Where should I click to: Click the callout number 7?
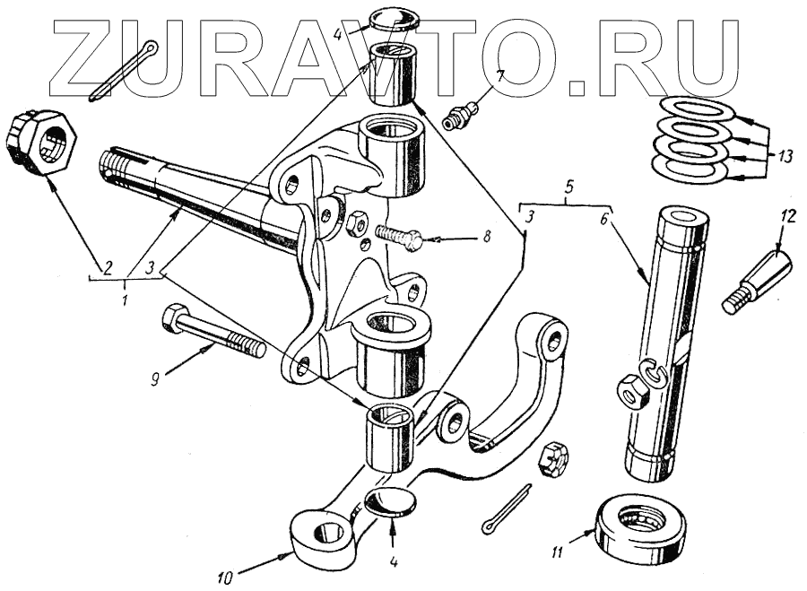click(x=500, y=74)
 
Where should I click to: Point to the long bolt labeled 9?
click(x=213, y=331)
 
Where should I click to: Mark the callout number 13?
click(x=786, y=155)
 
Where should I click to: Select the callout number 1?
click(x=124, y=295)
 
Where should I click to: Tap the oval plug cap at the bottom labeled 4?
click(x=393, y=502)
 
